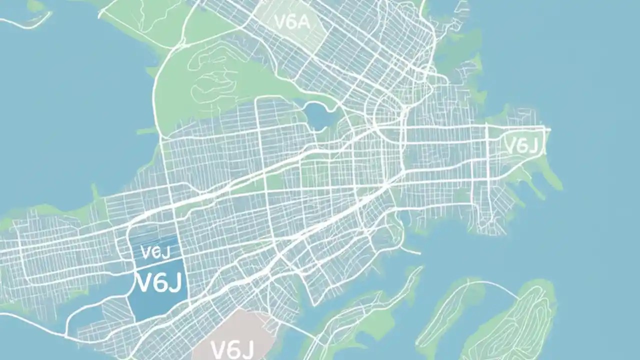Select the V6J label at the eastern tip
click(521, 146)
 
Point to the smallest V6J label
click(152, 252)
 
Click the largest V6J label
click(159, 283)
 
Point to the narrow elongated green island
click(445, 315)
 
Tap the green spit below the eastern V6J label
click(547, 172)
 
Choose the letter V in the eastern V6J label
click(510, 146)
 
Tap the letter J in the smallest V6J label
click(160, 252)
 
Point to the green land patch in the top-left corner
click(35, 6)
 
